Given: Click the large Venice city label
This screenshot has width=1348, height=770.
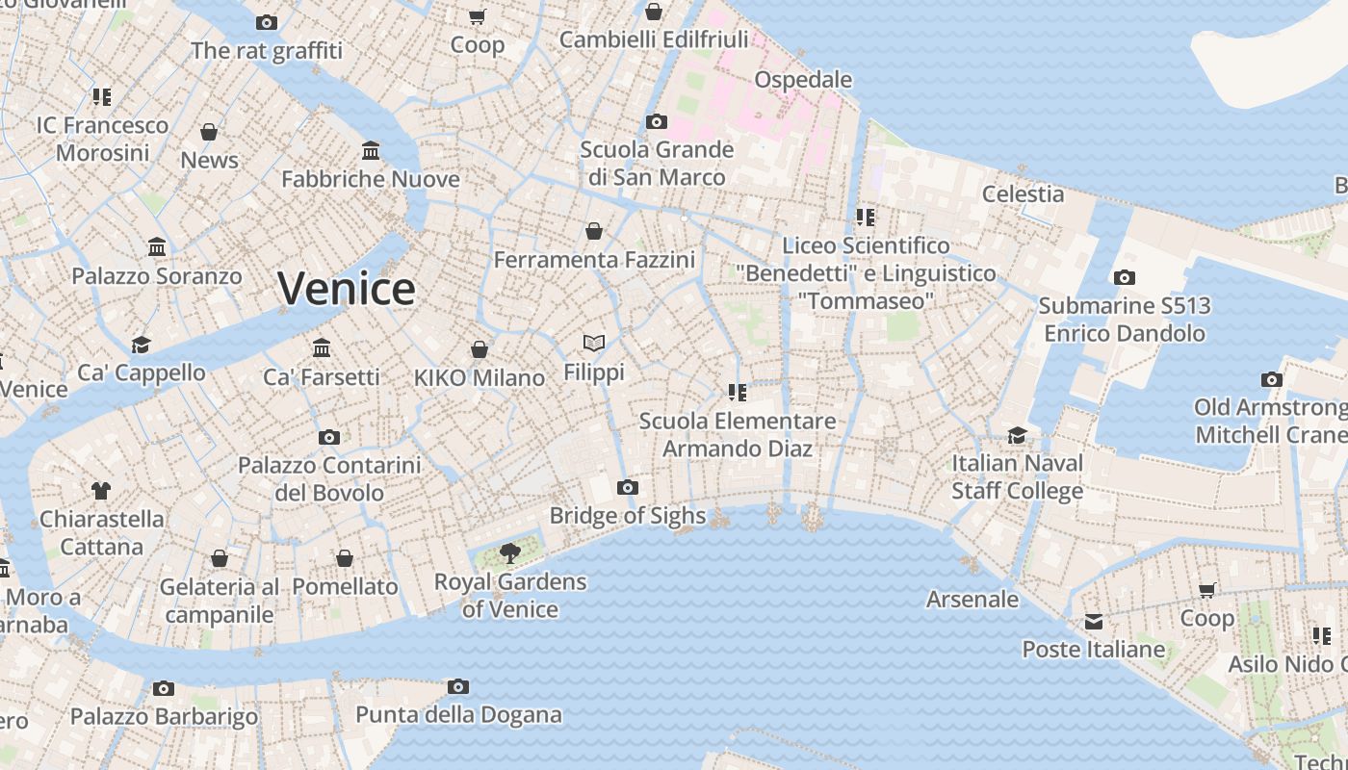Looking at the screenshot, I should tap(347, 289).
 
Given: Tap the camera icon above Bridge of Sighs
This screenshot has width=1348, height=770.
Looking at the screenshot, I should tap(628, 488).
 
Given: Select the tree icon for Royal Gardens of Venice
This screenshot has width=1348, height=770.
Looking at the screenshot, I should tap(509, 553).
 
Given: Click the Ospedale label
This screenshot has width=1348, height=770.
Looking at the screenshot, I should tap(803, 79).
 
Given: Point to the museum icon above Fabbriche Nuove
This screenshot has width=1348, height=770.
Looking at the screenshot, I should tap(371, 151).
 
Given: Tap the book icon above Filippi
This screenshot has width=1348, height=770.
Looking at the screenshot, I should tap(594, 343).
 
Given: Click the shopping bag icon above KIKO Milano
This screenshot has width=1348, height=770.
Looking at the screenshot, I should tap(480, 349).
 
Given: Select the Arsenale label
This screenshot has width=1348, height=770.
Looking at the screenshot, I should tap(972, 600).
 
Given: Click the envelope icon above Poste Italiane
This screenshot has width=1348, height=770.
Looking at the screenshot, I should tap(1094, 622).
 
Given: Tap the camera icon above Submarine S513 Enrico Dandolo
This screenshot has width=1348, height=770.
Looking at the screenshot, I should tap(1124, 278).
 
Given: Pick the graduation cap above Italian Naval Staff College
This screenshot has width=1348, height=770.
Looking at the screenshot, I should tap(1018, 435).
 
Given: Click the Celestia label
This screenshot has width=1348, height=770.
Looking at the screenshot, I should tap(1024, 194).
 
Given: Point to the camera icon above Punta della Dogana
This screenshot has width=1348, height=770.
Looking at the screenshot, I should tap(458, 687).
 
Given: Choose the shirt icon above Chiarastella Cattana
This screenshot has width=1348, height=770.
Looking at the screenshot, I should tap(101, 491).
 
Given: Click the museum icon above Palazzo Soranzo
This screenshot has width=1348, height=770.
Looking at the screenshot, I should tap(157, 248).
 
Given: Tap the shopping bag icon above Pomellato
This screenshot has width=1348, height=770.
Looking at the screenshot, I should tap(345, 558).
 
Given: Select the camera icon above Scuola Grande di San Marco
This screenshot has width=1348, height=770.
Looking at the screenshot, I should tap(657, 122).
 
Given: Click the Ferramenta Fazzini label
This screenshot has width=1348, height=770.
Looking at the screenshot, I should tap(594, 260).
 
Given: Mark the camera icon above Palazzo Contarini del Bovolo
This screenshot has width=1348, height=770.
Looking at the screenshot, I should tap(329, 438).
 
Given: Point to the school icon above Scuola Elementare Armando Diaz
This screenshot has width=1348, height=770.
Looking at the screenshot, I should tap(738, 393).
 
